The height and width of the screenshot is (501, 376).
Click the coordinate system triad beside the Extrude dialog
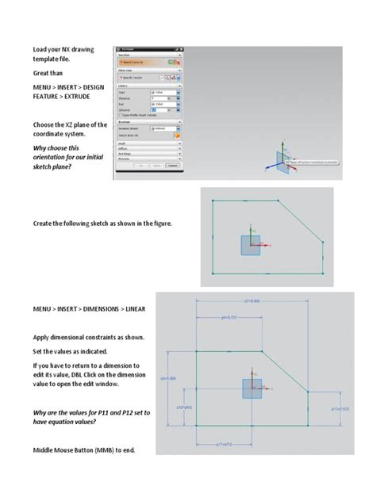pyautogui.click(x=282, y=163)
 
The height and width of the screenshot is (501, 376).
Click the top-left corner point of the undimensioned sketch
pyautogui.click(x=213, y=201)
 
